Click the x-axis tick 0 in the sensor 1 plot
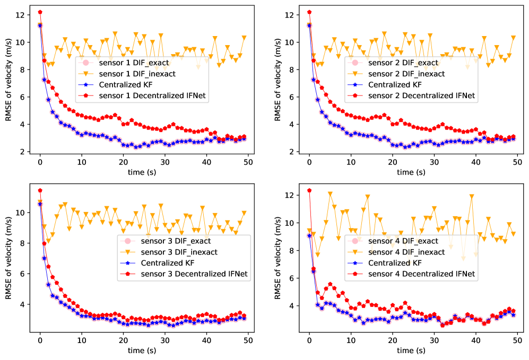(40, 162)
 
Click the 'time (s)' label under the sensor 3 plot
(144, 350)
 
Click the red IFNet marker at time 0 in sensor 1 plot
(40, 12)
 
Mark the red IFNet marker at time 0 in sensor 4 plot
(309, 190)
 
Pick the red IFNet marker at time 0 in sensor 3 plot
(40, 190)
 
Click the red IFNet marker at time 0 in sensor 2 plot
(309, 12)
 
